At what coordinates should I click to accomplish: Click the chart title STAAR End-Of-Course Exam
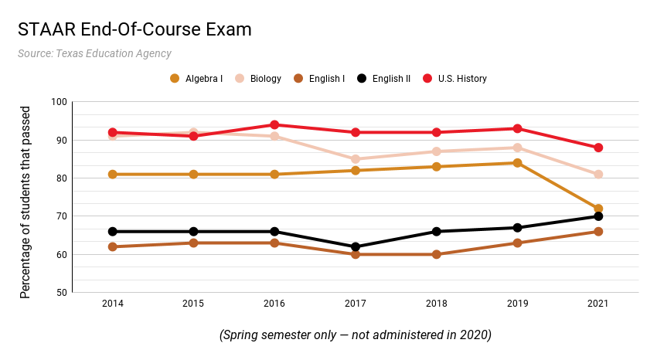[134, 30]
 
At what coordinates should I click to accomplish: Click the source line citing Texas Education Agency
[94, 54]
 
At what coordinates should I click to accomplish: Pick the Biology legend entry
[258, 78]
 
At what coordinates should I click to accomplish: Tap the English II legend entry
[383, 78]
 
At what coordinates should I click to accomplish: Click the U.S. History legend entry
[454, 78]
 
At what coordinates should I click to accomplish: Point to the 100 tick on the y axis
[59, 102]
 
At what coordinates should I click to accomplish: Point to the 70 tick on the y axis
[61, 216]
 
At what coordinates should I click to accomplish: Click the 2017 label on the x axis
[356, 304]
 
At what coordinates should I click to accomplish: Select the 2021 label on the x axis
[598, 304]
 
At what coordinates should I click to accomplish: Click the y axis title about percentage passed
[25, 197]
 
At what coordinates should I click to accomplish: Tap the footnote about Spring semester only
[356, 335]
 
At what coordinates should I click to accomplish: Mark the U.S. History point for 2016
[274, 124]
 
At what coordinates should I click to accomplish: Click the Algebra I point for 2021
[598, 209]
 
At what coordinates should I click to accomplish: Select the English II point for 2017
[356, 247]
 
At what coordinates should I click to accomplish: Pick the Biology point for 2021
[598, 175]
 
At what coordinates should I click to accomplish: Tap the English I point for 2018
[437, 254]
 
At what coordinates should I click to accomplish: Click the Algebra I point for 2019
[517, 163]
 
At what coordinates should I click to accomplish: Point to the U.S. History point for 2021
[598, 148]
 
